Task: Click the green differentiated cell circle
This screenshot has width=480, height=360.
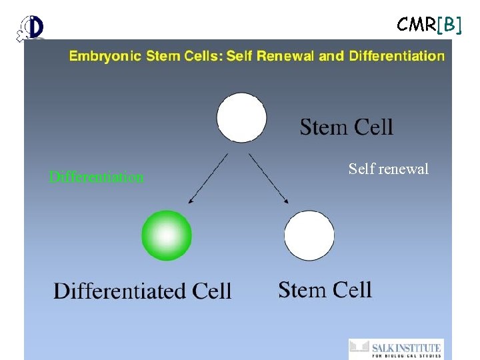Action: click(x=167, y=235)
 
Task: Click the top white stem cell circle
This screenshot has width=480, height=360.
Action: click(x=242, y=118)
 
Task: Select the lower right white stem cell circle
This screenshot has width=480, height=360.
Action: click(x=309, y=235)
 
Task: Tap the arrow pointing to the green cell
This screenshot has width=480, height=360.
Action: click(x=207, y=179)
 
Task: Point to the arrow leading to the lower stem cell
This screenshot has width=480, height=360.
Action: click(x=269, y=179)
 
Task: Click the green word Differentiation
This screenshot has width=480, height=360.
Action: click(x=96, y=177)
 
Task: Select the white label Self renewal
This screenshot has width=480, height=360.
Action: click(x=389, y=169)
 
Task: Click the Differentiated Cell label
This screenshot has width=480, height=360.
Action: click(x=143, y=291)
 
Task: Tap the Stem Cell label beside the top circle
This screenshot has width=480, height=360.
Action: click(x=346, y=127)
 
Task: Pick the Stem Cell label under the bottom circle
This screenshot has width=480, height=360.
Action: click(x=325, y=289)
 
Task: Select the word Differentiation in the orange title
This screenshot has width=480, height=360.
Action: click(x=391, y=56)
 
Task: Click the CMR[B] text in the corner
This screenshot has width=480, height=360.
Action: click(x=429, y=25)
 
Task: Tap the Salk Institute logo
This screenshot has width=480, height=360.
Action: click(x=395, y=349)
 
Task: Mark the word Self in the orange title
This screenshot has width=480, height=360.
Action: click(x=239, y=56)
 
